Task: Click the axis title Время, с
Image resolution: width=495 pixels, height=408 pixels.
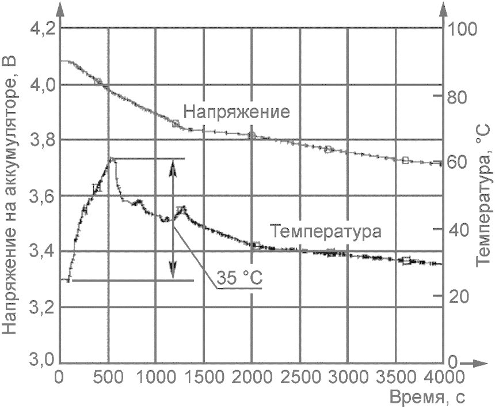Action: [427, 396]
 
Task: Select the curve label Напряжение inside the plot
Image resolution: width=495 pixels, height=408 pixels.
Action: [237, 112]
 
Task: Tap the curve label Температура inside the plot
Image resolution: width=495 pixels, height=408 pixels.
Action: [326, 232]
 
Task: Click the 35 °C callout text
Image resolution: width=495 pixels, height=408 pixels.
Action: [239, 278]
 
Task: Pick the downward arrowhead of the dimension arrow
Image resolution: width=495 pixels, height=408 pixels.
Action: [173, 269]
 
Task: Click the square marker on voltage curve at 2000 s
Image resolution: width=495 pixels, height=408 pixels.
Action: [252, 135]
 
